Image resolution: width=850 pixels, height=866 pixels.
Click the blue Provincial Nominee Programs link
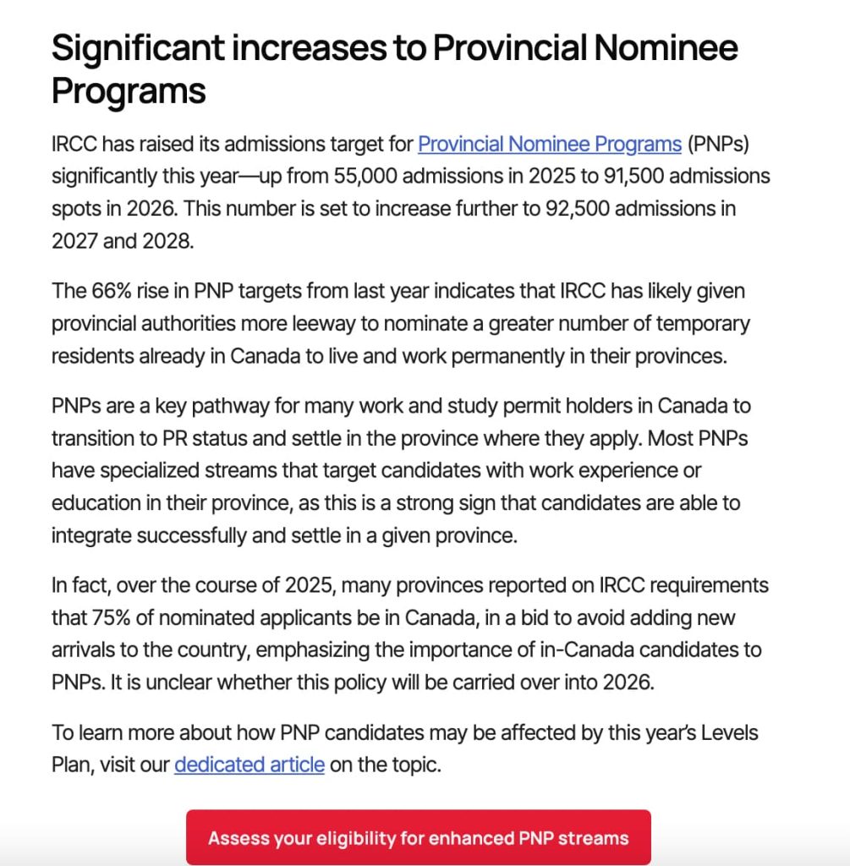(x=550, y=144)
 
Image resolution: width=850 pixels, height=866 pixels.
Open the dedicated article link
(x=250, y=765)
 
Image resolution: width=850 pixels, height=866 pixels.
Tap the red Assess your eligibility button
(x=419, y=838)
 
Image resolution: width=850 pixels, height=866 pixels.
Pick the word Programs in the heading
(x=129, y=90)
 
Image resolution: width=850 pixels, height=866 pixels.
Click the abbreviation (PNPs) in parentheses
(x=718, y=144)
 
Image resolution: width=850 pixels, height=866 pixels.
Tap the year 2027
(x=75, y=240)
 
